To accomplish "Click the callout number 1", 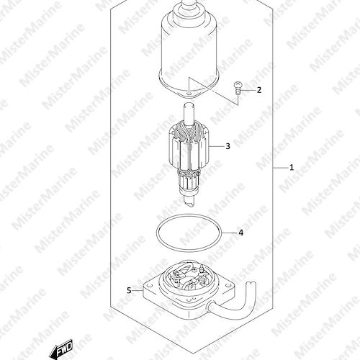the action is (292, 167).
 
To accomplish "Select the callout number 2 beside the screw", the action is (258, 90).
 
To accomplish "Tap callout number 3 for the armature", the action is (228, 146).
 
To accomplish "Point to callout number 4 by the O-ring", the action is (240, 233).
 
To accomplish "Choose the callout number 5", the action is (129, 291).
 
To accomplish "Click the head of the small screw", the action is (238, 84).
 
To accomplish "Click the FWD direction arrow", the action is (60, 348).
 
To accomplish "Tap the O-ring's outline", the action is (156, 233).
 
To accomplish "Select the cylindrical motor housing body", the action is (189, 48).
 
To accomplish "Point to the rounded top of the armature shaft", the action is (189, 105).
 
